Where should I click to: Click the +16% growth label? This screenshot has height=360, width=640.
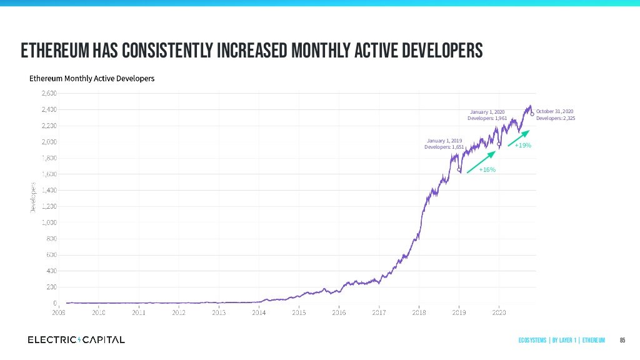point(487,170)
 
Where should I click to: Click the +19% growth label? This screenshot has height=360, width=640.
point(522,146)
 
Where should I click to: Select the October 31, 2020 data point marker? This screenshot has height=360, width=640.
point(532,114)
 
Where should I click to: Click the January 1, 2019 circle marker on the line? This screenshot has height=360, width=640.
point(459,169)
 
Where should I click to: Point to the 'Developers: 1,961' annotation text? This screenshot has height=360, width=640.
point(487,118)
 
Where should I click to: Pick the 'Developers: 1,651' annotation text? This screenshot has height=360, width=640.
point(444,147)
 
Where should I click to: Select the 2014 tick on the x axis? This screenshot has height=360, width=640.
point(259,311)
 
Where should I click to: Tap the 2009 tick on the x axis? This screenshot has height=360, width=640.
point(58,311)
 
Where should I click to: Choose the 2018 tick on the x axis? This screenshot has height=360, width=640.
point(419,311)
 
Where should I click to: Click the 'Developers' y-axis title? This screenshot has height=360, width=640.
point(32,197)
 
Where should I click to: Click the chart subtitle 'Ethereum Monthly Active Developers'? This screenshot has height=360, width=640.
point(92,79)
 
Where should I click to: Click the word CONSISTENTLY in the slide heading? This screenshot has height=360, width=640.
point(167,50)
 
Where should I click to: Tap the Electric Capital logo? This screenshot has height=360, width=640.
point(76,339)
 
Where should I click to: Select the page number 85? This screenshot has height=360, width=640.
point(622,340)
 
